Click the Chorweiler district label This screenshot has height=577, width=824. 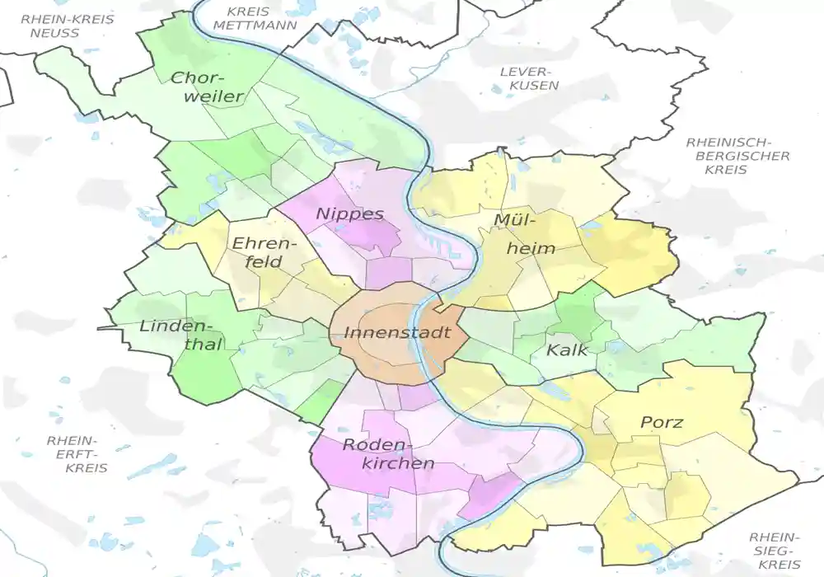pos(207,87)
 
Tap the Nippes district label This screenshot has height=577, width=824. pos(349,213)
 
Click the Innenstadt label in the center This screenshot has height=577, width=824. pos(397,333)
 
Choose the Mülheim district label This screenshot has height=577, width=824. pos(524,233)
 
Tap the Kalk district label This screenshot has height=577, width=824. pos(566,349)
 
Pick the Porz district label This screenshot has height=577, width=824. pos(662,422)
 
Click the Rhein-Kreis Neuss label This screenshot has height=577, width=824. pos(56,25)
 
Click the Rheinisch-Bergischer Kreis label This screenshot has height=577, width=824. pos(737,156)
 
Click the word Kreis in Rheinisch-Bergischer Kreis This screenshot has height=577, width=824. pos(726,170)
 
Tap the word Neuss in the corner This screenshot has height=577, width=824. pos(54,33)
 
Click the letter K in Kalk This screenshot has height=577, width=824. pos(550,349)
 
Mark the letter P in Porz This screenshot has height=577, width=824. pos(646,422)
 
